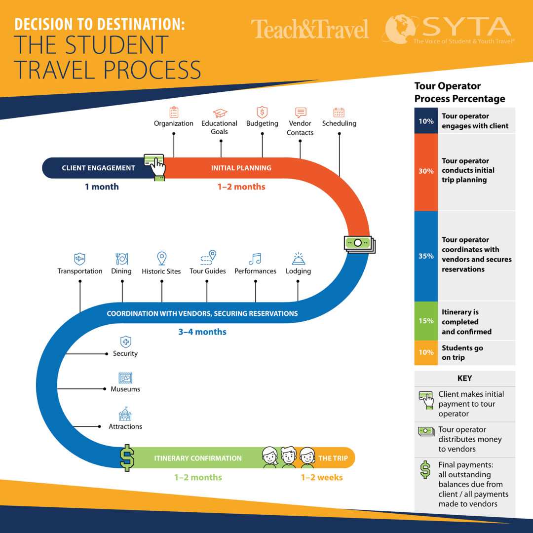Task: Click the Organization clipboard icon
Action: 174,112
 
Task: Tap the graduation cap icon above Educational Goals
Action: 220,113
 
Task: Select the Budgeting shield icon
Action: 262,112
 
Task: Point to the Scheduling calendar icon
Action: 339,112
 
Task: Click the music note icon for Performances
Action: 255,259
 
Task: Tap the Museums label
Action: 125,389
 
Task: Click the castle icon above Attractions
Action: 125,414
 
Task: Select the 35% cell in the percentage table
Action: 426,256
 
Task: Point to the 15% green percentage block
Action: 426,321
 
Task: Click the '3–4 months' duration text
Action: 202,332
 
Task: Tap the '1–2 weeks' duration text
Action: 322,477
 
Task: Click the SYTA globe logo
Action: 400,29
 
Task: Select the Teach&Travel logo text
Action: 309,29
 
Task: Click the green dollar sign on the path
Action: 127,458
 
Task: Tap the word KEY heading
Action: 465,379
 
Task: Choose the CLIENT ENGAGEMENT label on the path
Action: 98,168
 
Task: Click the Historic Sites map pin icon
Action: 162,258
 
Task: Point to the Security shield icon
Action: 126,342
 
